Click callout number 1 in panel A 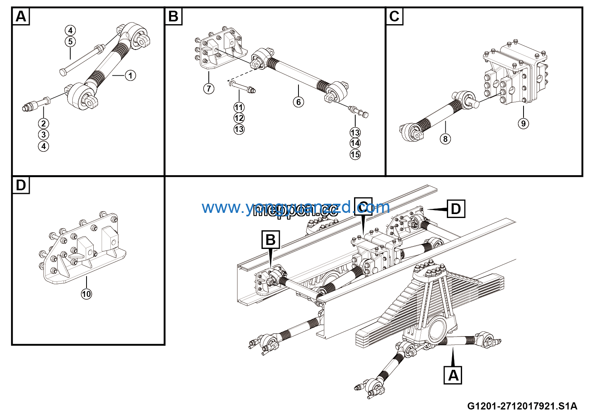(130, 75)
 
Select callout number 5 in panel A (70, 42)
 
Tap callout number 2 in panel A (44, 124)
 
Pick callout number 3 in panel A (44, 135)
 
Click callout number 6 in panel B (298, 102)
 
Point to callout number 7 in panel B (209, 88)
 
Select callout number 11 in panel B (239, 107)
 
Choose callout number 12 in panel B (239, 118)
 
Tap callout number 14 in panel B (355, 143)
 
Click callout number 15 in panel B (355, 154)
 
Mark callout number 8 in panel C (445, 139)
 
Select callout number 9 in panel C (523, 123)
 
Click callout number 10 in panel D (87, 294)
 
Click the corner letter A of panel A (21, 17)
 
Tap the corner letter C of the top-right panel (394, 17)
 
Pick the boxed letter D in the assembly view (456, 209)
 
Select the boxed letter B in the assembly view (271, 240)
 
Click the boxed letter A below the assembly (453, 375)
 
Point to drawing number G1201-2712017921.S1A (522, 406)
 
